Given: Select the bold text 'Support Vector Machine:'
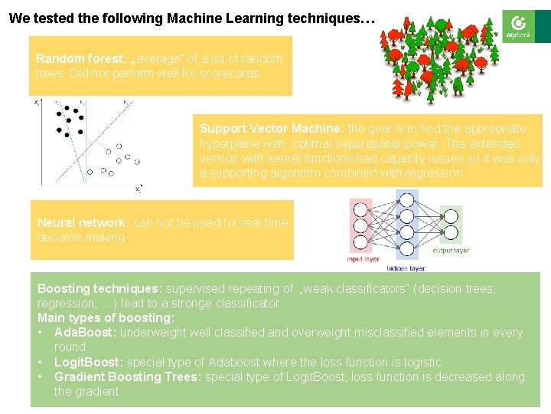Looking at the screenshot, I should point(272,128).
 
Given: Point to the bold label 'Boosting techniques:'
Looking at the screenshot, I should point(99,288).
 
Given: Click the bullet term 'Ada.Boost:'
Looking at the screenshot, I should point(85,332).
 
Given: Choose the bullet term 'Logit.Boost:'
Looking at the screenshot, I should point(88,362).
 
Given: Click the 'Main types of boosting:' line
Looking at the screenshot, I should point(106,317).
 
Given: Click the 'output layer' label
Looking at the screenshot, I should point(451,251).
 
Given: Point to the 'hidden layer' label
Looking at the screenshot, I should point(406,268).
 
